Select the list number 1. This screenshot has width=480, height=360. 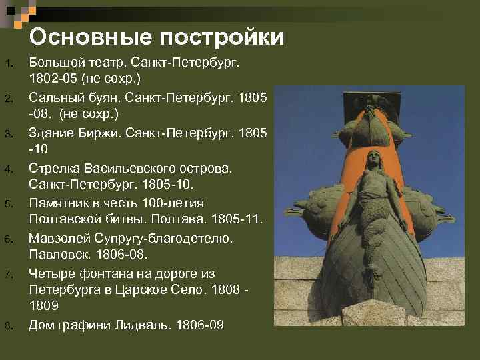8,64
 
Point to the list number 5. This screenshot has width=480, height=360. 8,203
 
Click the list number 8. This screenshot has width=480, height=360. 8,325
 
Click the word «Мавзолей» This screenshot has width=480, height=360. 59,237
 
